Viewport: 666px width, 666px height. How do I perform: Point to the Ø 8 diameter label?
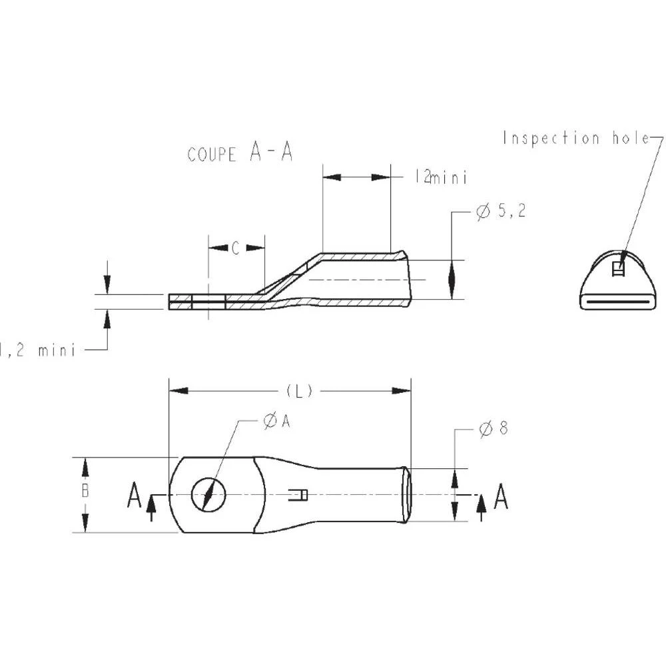pyautogui.click(x=494, y=429)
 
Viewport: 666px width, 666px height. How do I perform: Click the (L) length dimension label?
pyautogui.click(x=299, y=391)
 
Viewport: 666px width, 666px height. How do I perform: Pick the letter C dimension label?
pyautogui.click(x=236, y=248)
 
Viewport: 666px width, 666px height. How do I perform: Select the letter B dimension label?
pyautogui.click(x=85, y=492)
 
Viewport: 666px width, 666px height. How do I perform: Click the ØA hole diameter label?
pyautogui.click(x=276, y=421)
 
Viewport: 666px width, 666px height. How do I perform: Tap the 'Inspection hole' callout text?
pyautogui.click(x=576, y=138)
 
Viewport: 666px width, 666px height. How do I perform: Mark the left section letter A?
pyautogui.click(x=135, y=496)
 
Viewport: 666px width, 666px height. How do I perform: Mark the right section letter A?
pyautogui.click(x=501, y=496)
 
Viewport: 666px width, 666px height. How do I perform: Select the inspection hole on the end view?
pyautogui.click(x=617, y=268)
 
